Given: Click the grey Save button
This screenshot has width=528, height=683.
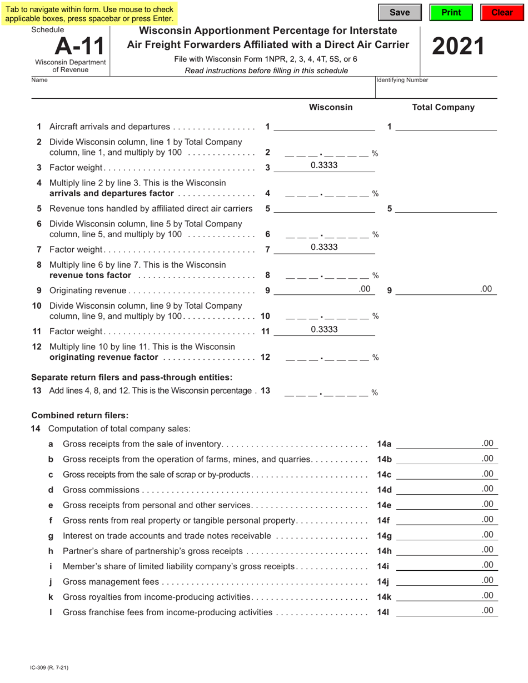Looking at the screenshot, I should (x=400, y=12).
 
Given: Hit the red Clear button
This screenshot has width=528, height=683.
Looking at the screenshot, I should (x=502, y=12).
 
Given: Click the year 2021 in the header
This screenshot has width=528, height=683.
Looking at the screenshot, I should (x=458, y=47).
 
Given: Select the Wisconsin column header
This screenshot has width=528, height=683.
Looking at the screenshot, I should (x=330, y=107).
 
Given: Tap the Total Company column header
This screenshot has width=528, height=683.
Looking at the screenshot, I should (x=443, y=107).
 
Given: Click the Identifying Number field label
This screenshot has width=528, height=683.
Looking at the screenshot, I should (x=402, y=80).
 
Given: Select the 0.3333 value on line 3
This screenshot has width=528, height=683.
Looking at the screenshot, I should (x=324, y=165).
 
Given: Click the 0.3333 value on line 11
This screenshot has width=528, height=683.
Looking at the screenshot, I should (x=324, y=329).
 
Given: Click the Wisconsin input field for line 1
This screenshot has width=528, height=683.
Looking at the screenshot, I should (x=324, y=127).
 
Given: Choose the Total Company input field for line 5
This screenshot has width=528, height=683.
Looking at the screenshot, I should (x=446, y=208).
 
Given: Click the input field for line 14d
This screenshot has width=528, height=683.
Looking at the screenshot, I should (x=446, y=489).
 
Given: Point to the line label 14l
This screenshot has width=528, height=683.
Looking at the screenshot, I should (x=383, y=612).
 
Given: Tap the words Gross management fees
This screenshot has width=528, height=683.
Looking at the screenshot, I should (x=111, y=582).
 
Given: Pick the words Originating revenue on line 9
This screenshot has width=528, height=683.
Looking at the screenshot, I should (x=88, y=290).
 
